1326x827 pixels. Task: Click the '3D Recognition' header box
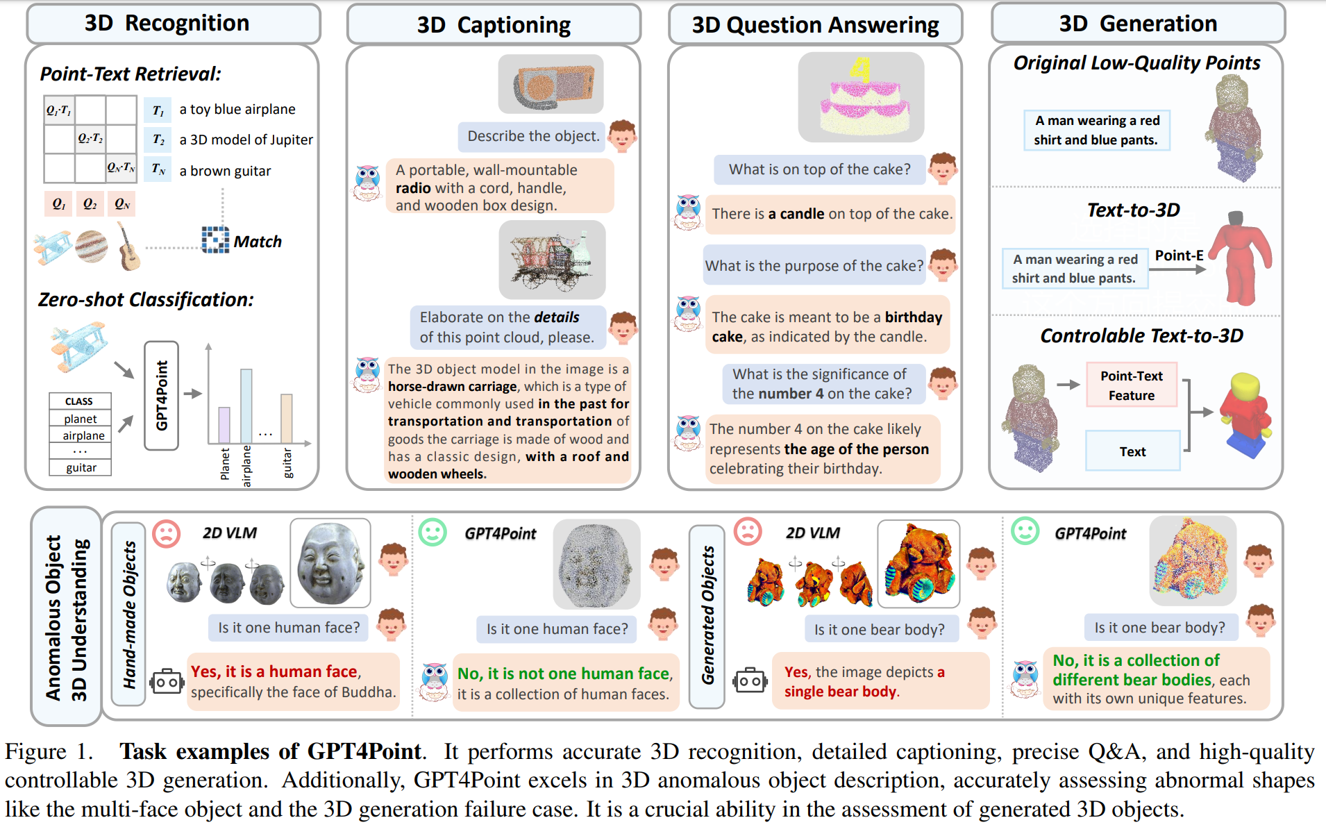pyautogui.click(x=173, y=24)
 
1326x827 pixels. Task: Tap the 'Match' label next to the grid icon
pyautogui.click(x=258, y=242)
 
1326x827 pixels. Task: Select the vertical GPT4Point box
pyautogui.click(x=162, y=395)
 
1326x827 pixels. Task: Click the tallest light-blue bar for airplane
pyautogui.click(x=246, y=406)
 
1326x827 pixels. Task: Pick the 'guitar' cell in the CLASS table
pyautogui.click(x=81, y=467)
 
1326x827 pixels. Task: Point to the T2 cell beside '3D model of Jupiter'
pyautogui.click(x=158, y=140)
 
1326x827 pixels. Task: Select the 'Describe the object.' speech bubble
pyautogui.click(x=532, y=136)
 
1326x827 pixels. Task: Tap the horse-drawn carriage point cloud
pyautogui.click(x=552, y=260)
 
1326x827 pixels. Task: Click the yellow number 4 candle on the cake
pyautogui.click(x=860, y=69)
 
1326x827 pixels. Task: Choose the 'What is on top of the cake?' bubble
pyautogui.click(x=819, y=169)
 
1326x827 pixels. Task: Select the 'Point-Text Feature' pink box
pyautogui.click(x=1131, y=385)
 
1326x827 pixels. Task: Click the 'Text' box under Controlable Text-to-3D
pyautogui.click(x=1132, y=451)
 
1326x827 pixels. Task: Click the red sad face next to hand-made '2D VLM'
pyautogui.click(x=166, y=533)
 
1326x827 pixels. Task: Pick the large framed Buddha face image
pyautogui.click(x=330, y=562)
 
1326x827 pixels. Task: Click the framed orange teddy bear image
pyautogui.click(x=918, y=563)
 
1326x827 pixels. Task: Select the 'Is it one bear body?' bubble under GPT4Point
pyautogui.click(x=1159, y=628)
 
